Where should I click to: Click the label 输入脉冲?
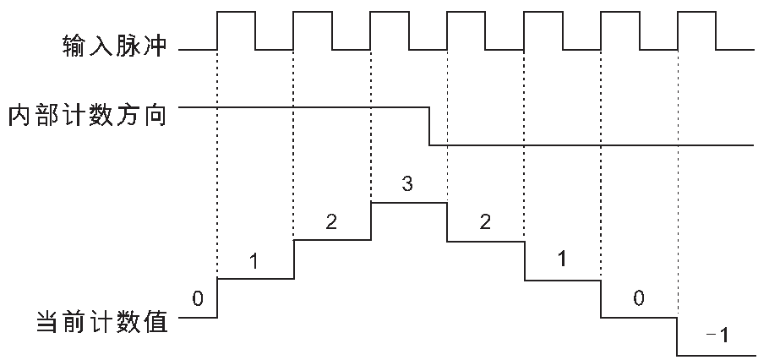[x=115, y=46]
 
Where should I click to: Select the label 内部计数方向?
[x=87, y=117]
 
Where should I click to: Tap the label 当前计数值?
[x=102, y=322]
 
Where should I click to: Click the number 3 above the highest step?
[x=407, y=184]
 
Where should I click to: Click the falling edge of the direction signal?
[x=429, y=126]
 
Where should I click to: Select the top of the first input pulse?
[x=236, y=11]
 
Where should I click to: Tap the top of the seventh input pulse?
[x=697, y=11]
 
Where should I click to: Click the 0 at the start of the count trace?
[x=197, y=298]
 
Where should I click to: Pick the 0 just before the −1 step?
[x=638, y=298]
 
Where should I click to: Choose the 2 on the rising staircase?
[x=331, y=222]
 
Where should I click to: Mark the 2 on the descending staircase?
[x=484, y=222]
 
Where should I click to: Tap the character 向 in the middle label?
[x=154, y=117]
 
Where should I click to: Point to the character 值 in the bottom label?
[x=155, y=322]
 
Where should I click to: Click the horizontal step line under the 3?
[x=409, y=202]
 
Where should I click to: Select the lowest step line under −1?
[x=716, y=356]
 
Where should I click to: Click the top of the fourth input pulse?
[x=466, y=11]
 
